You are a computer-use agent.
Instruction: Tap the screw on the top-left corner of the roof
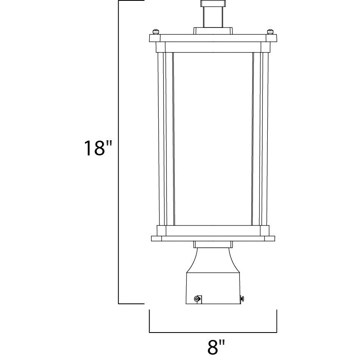156,32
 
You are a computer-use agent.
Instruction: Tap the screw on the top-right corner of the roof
270,32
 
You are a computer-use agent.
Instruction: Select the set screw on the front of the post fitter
197,298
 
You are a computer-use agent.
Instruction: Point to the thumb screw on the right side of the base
242,298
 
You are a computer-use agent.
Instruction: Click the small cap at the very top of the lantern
212,3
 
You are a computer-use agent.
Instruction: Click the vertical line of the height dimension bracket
118,152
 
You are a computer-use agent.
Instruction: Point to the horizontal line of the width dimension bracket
213,332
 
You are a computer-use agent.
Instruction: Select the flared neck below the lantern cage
213,260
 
